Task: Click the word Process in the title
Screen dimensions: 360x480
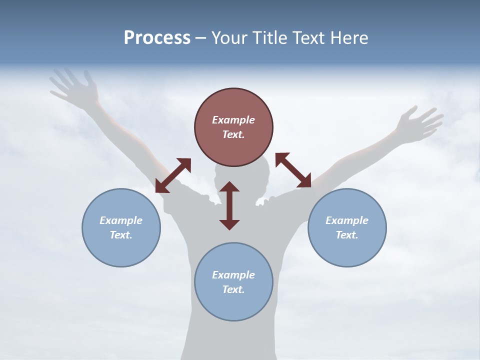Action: pos(157,38)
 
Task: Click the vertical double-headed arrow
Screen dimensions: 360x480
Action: pos(229,205)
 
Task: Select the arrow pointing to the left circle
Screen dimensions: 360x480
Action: pos(173,175)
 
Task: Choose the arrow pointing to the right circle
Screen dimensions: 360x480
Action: pos(293,170)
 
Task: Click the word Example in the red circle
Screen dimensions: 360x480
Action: pos(233,120)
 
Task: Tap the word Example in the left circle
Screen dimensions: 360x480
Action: pos(121,220)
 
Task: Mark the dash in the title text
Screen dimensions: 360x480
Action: pos(200,38)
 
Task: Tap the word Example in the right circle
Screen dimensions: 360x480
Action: pos(347,220)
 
